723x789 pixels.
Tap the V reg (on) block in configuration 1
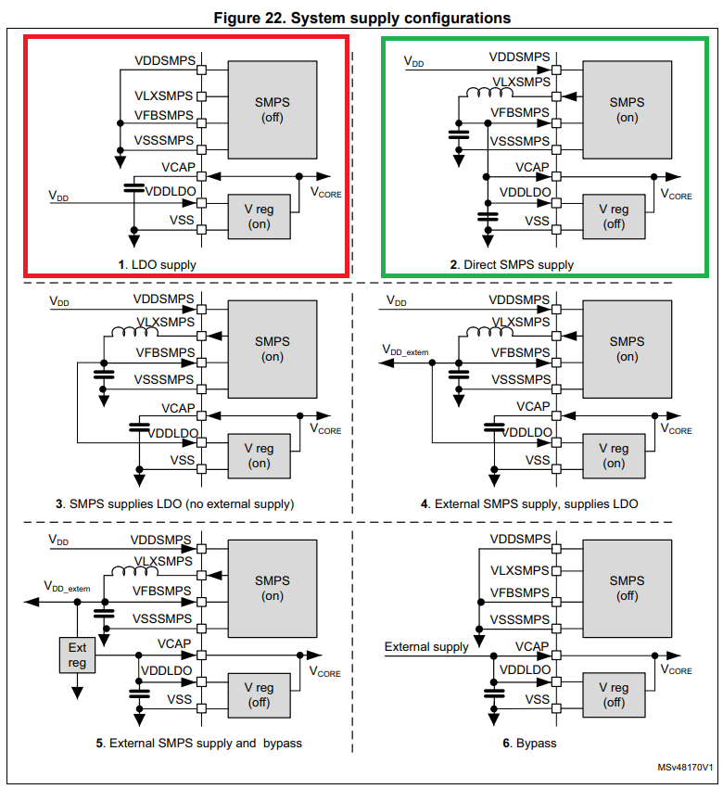[260, 217]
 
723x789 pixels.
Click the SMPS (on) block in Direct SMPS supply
[627, 109]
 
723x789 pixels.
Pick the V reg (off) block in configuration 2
[614, 217]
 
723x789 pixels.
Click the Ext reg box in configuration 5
[77, 655]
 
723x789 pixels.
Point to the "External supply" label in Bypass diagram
[426, 646]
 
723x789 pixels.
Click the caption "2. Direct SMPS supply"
[512, 264]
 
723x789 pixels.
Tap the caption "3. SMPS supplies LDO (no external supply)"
[174, 503]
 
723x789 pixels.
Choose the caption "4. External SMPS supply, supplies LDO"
[529, 503]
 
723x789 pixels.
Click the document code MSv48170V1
[685, 769]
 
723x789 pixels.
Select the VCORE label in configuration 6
[676, 668]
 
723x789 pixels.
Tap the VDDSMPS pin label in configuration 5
[162, 539]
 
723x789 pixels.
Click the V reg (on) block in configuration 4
[614, 455]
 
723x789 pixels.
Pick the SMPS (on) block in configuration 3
[273, 349]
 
